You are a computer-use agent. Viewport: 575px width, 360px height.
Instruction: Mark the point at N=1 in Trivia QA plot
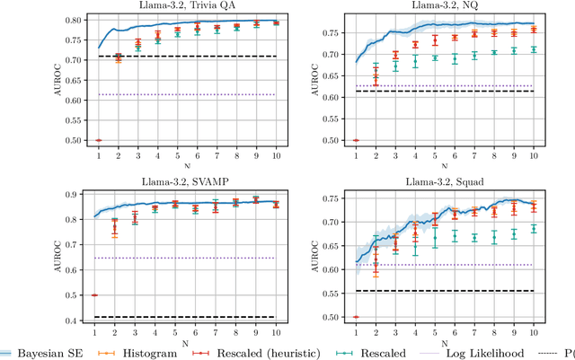click(x=98, y=140)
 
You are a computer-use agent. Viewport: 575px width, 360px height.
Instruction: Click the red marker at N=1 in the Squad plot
click(x=357, y=317)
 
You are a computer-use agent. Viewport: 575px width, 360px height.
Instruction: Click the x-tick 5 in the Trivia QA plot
click(x=176, y=155)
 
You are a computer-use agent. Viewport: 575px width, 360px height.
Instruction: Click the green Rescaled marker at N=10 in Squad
click(x=534, y=228)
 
